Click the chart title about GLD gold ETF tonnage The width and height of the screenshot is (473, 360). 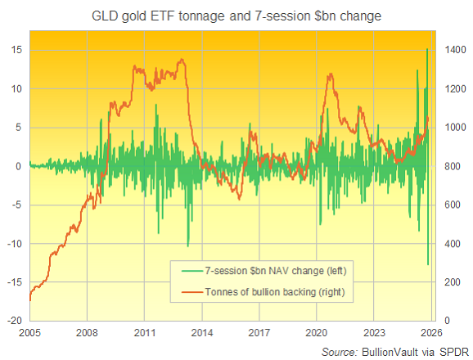pos(236,15)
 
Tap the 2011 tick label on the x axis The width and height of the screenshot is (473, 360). pos(144,334)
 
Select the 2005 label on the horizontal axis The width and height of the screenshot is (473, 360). pos(29,334)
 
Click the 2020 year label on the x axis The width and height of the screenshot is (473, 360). pos(317,334)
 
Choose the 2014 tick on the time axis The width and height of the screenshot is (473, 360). pos(202,334)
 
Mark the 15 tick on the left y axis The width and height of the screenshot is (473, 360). pos(16,50)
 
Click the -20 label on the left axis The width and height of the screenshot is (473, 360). pos(13,321)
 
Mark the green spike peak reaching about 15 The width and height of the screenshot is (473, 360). pos(426,50)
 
